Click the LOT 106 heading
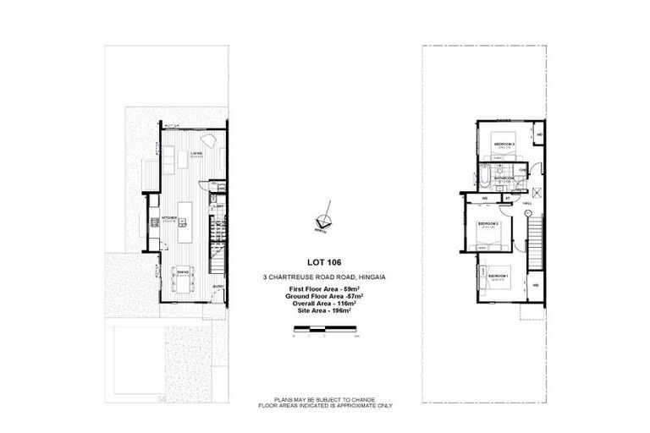click(324, 262)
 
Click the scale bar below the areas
click(324, 327)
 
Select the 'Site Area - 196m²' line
click(324, 310)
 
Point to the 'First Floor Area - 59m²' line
click(324, 290)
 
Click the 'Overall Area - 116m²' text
click(324, 304)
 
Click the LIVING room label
click(195, 153)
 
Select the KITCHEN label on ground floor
click(168, 218)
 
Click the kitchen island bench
click(191, 222)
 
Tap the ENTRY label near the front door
click(218, 287)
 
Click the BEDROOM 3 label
click(505, 145)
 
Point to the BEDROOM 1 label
click(499, 276)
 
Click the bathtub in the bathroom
click(482, 178)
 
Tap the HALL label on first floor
click(526, 203)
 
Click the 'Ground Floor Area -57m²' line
click(324, 297)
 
